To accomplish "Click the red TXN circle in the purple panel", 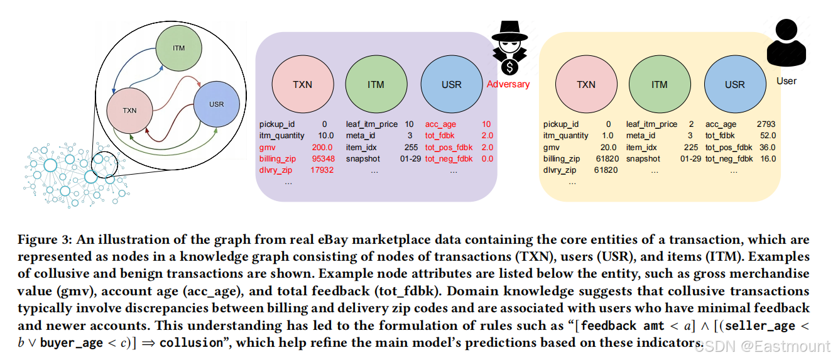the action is pos(302,85).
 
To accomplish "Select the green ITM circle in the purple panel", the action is pos(376,85).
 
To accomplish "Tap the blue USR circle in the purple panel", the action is pos(451,85).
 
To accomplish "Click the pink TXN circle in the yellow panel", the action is pos(585,85).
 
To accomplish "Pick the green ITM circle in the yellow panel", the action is pos(659,85).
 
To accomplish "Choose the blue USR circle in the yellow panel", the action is pos(734,85).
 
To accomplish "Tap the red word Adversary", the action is pos(508,84).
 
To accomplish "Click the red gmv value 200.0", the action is pos(322,147).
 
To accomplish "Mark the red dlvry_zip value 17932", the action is pos(322,170).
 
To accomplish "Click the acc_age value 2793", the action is pos(764,124).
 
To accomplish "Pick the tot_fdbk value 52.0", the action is pos(766,136).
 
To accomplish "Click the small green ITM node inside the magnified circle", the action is pos(179,49).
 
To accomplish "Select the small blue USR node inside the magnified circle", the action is pos(217,104).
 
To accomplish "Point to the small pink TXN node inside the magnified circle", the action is pos(129,111).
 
